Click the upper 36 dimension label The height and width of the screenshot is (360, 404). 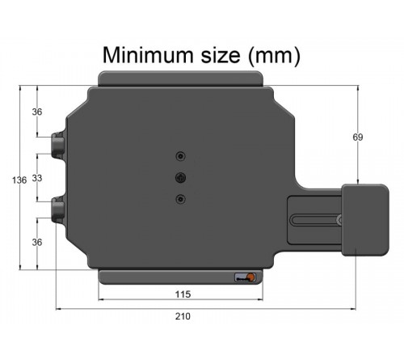point(37,112)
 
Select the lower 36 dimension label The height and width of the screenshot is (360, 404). point(37,242)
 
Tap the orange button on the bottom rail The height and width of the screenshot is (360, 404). point(250,278)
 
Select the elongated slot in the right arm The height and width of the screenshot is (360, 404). point(315,218)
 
